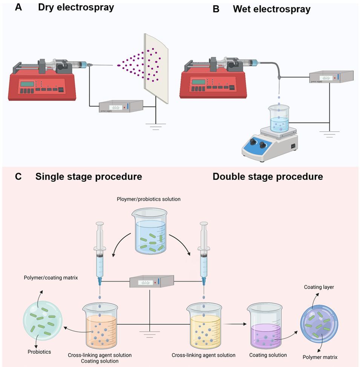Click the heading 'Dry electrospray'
pos(76,8)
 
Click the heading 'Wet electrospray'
pos(272,9)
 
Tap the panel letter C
pos(18,177)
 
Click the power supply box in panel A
pos(120,107)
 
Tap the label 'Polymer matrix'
pos(320,356)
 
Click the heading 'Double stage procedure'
pos(268,177)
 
